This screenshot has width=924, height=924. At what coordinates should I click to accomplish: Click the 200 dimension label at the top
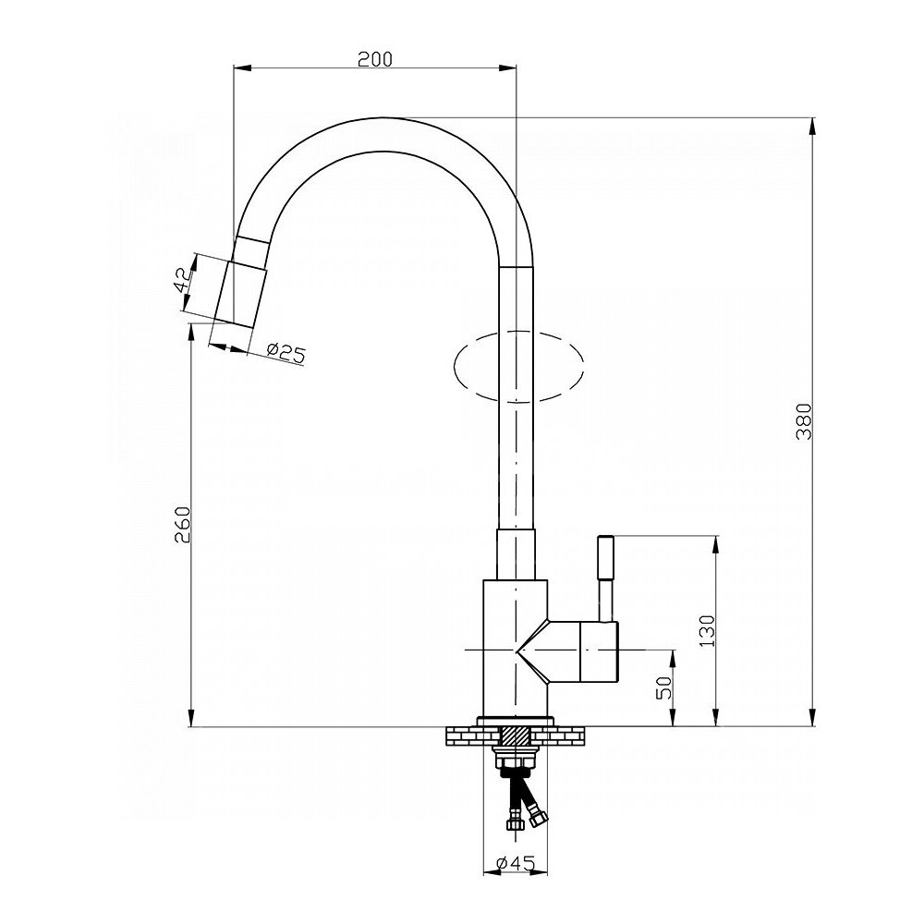[x=375, y=59]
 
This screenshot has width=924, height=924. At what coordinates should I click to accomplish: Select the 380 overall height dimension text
[x=804, y=421]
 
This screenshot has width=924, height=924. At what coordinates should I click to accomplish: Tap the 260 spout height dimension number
[x=182, y=525]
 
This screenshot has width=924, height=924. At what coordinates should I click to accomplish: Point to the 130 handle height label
[x=707, y=631]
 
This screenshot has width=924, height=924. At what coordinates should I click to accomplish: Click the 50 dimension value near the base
[x=664, y=687]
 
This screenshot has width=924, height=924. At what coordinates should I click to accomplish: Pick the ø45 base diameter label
[x=516, y=863]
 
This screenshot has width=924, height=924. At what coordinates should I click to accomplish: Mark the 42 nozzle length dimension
[x=181, y=280]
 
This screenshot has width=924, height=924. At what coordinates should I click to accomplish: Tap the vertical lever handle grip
[x=605, y=557]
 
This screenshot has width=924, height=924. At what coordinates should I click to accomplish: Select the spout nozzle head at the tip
[x=241, y=294]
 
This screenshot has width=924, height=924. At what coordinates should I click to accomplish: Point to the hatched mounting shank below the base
[x=516, y=736]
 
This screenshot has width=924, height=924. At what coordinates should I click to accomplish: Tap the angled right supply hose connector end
[x=538, y=818]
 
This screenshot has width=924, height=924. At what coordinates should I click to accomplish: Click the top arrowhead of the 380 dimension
[x=812, y=126]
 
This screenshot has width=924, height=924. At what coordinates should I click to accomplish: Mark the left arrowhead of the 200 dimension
[x=242, y=68]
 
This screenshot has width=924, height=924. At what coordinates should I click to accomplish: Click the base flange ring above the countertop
[x=516, y=722]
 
